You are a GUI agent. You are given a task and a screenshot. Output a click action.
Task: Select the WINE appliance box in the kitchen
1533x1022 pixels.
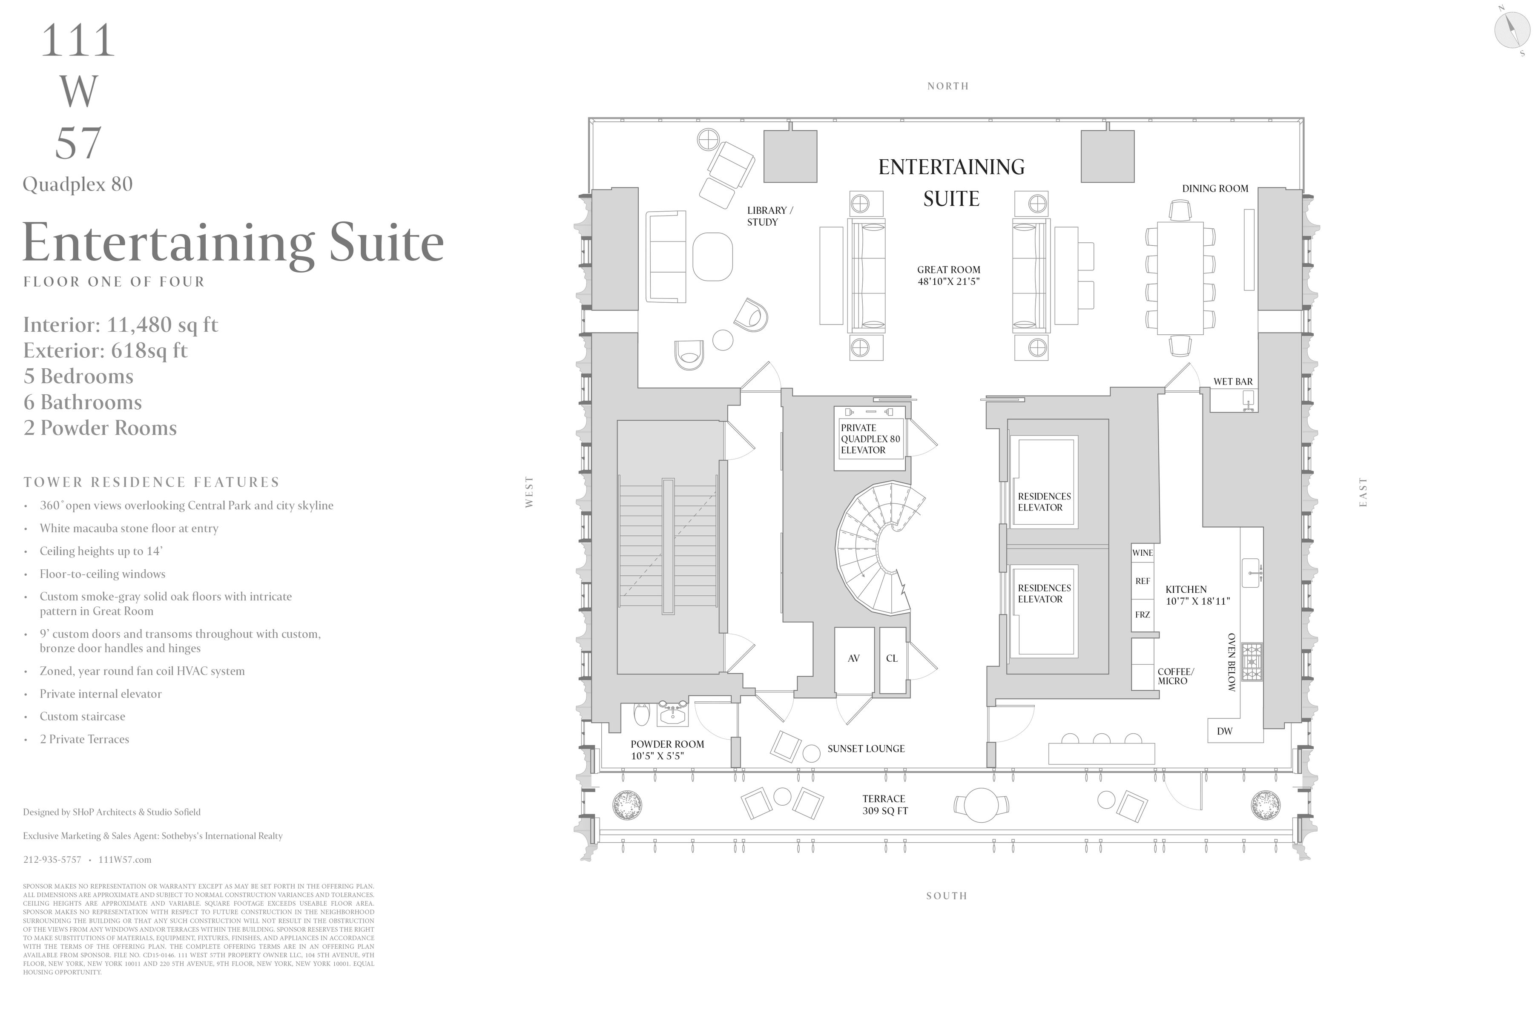(x=1142, y=553)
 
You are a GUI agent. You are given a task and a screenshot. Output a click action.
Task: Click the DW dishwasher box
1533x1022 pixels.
(x=1225, y=731)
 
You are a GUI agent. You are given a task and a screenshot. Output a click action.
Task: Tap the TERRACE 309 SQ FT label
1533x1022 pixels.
(x=884, y=805)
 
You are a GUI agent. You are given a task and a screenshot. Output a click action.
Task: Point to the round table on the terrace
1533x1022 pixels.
(x=981, y=805)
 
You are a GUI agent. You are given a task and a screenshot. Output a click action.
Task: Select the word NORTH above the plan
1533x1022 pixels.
(x=948, y=86)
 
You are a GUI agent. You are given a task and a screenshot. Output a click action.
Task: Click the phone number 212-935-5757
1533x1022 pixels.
(x=52, y=860)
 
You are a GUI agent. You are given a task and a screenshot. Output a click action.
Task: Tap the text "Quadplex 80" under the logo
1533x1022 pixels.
(x=78, y=184)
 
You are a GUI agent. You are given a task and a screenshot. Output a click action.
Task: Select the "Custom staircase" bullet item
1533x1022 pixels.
(x=82, y=716)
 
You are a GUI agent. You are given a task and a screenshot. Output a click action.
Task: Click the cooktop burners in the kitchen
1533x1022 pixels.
(x=1252, y=662)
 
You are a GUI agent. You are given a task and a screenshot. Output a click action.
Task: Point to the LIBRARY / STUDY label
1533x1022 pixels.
(x=770, y=216)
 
